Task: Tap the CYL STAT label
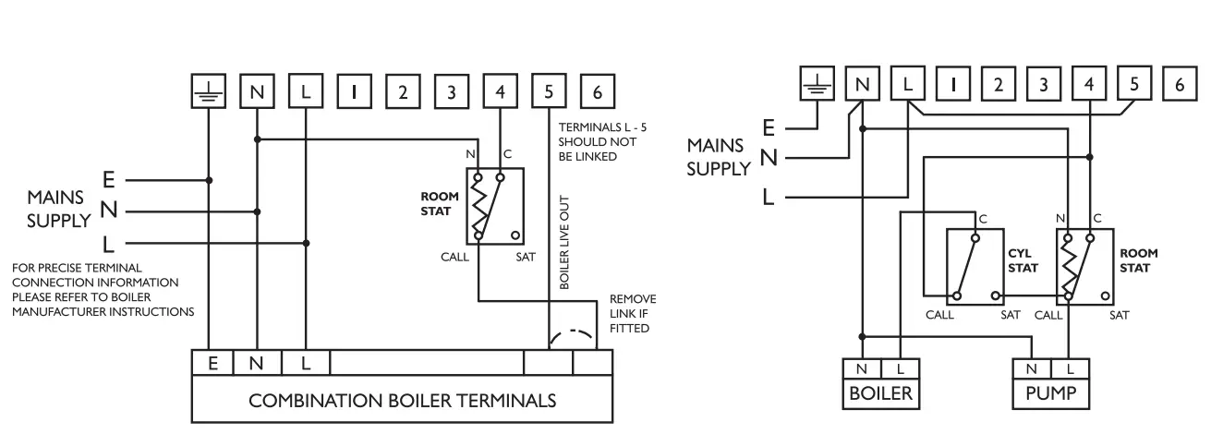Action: click(1023, 259)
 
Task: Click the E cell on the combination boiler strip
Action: click(212, 363)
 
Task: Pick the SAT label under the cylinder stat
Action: click(1011, 314)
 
